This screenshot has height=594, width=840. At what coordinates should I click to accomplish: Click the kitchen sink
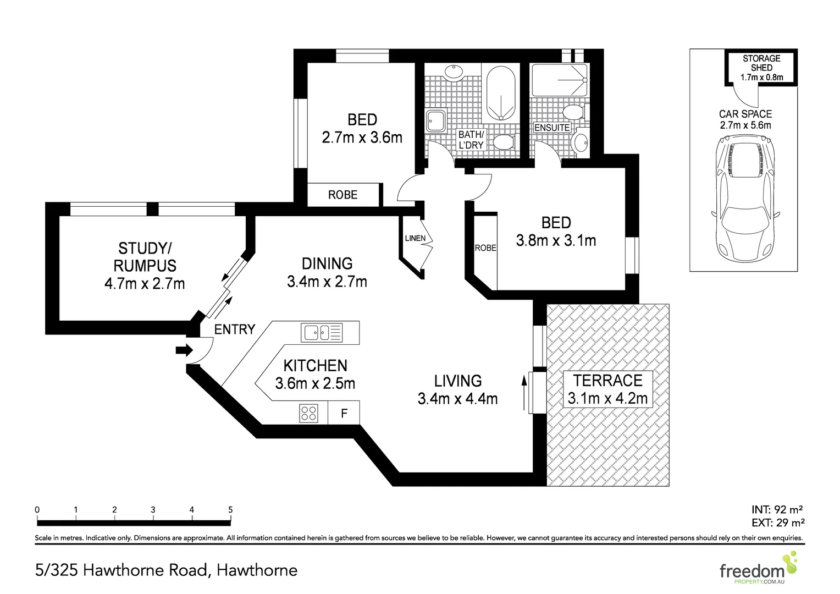(322, 332)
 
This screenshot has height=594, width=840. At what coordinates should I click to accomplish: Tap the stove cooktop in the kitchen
(308, 413)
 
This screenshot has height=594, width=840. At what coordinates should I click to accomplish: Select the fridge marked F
(344, 413)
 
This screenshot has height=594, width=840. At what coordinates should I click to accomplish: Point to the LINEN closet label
(415, 238)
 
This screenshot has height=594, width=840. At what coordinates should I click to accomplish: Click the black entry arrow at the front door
(184, 350)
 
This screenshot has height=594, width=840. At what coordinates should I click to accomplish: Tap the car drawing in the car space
(745, 199)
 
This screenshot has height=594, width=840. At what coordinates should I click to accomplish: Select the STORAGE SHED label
(761, 63)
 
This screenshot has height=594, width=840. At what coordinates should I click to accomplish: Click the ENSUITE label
(552, 128)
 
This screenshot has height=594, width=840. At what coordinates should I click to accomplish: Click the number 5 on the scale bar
(230, 509)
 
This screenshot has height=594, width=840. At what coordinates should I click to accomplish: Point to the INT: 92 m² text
(777, 509)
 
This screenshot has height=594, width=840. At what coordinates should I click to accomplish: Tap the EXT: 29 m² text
(778, 522)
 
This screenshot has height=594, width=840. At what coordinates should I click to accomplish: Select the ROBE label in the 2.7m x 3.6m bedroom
(342, 195)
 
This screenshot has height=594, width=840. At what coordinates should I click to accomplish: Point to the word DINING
(327, 263)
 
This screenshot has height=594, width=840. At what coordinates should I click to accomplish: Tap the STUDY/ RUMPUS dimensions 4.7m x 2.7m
(145, 284)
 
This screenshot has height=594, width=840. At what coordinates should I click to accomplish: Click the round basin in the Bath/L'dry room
(454, 73)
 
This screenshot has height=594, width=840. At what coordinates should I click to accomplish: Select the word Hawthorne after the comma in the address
(257, 571)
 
